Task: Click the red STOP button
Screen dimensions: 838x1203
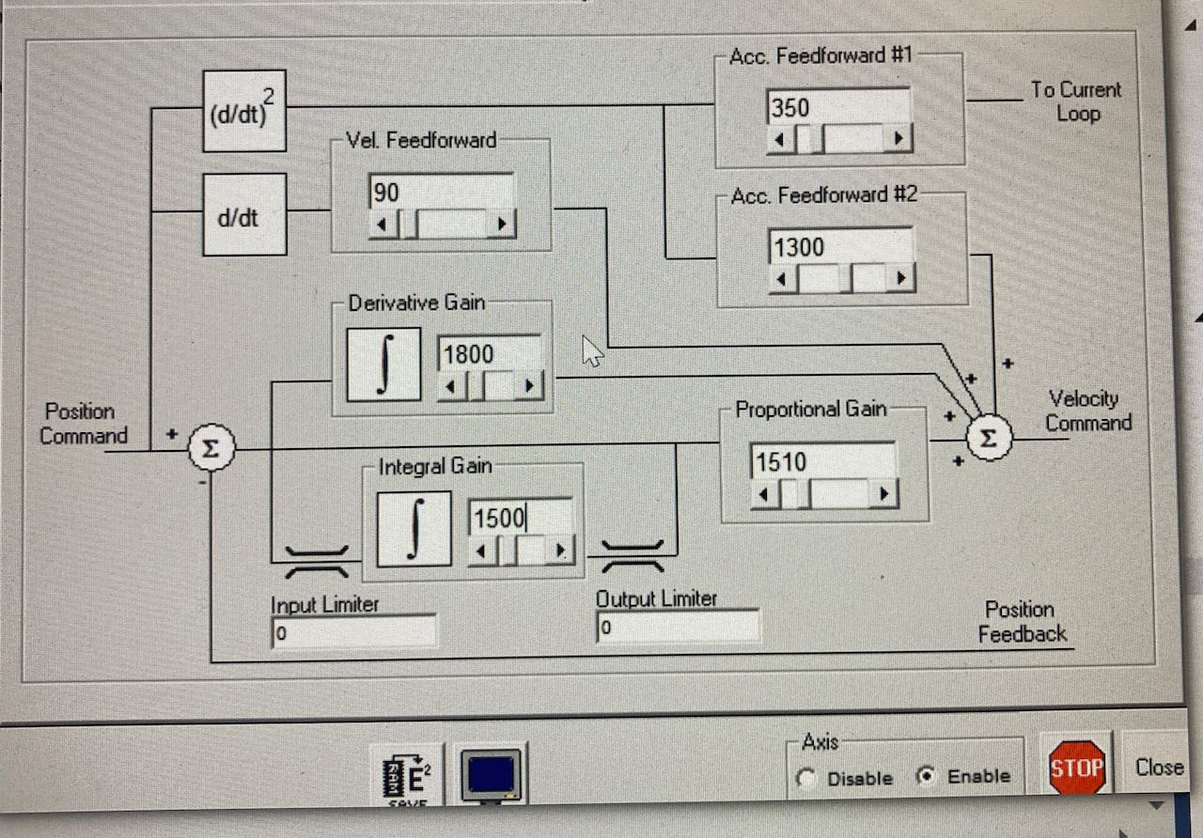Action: point(1076,768)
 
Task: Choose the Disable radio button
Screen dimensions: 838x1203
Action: point(805,779)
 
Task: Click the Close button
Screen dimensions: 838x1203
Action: point(1159,767)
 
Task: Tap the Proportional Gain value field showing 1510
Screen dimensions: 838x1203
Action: point(822,462)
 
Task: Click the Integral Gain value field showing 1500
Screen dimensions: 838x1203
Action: point(520,518)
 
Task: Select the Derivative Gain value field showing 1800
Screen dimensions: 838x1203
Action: point(489,354)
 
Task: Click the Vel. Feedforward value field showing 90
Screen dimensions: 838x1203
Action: point(441,193)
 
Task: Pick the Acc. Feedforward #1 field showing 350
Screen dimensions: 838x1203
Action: point(837,108)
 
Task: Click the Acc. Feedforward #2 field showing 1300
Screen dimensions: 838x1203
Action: point(840,248)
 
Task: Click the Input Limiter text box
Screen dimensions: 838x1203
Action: point(353,632)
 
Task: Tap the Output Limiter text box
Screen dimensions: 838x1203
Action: point(677,627)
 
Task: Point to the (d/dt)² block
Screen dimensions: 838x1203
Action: point(244,111)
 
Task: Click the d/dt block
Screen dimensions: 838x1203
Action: point(244,214)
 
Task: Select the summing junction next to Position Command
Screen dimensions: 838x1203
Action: point(211,450)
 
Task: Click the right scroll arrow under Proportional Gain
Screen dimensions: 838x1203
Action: point(883,494)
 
